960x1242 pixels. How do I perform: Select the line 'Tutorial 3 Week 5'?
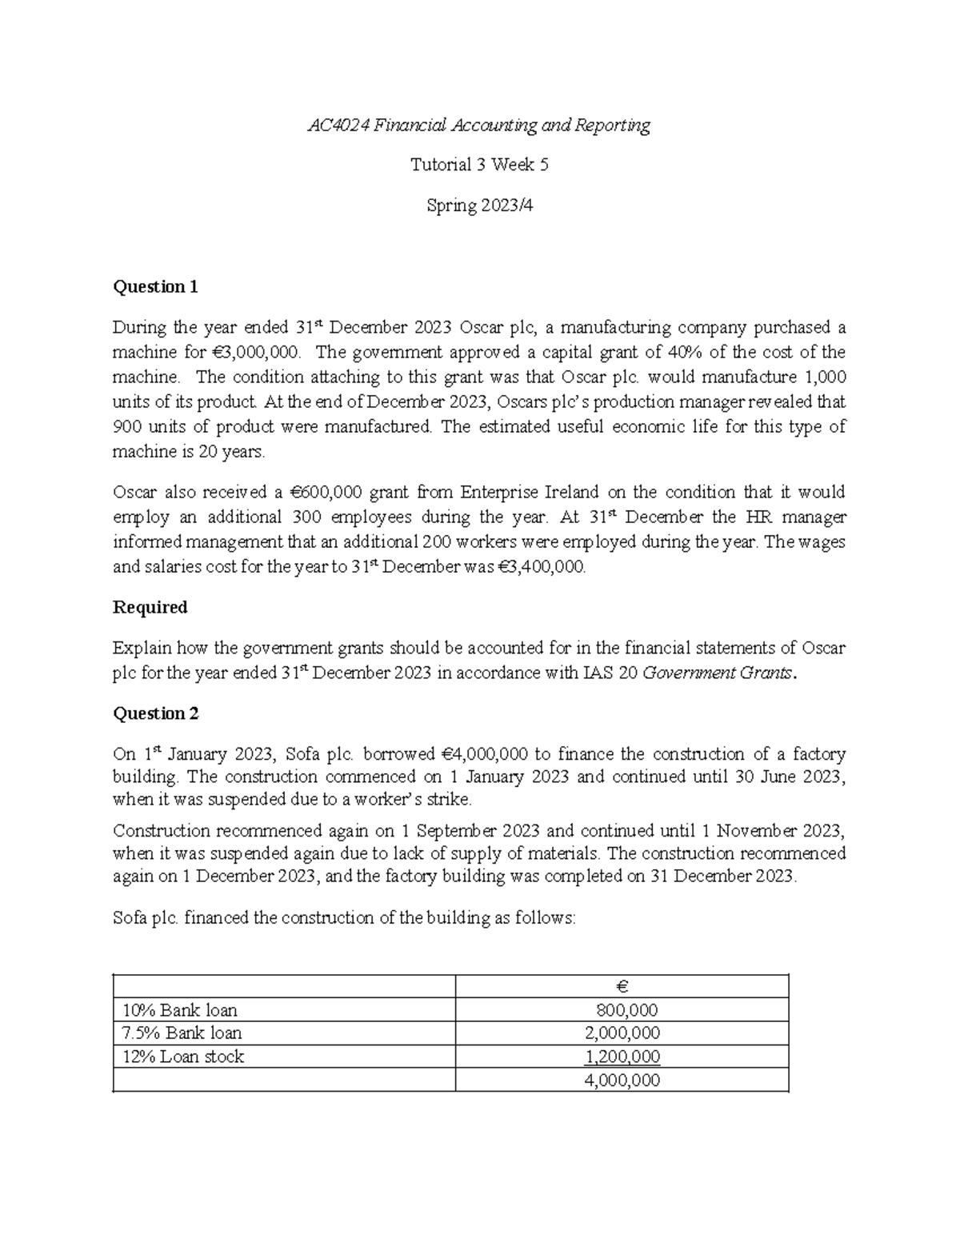point(479,166)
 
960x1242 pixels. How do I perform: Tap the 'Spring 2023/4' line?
point(479,206)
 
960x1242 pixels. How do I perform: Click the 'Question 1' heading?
point(155,287)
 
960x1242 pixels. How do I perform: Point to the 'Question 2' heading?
point(155,713)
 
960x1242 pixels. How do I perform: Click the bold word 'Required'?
point(150,608)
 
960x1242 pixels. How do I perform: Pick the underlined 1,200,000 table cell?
point(622,1057)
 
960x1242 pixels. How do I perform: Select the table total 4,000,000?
point(622,1081)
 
